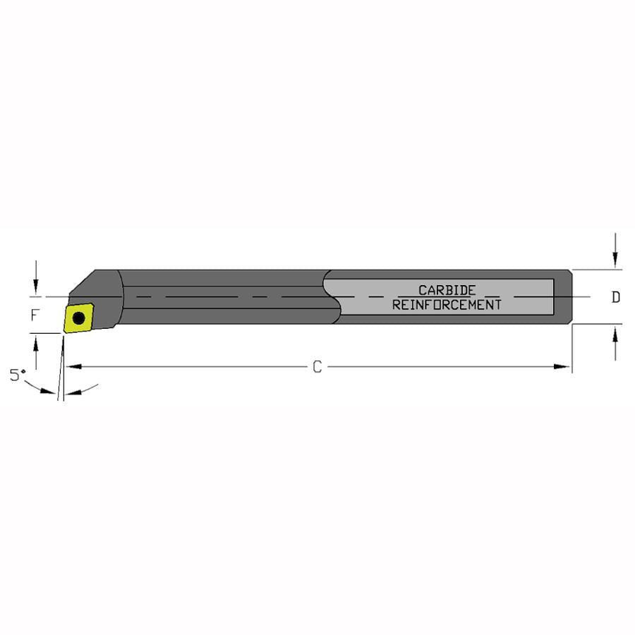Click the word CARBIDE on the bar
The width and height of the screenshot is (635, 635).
[447, 290]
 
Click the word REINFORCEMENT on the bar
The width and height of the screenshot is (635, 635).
[447, 305]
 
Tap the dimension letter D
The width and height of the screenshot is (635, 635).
[615, 297]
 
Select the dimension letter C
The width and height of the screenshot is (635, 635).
[317, 367]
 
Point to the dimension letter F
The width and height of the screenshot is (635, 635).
[35, 315]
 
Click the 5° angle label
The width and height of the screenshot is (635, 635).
[18, 375]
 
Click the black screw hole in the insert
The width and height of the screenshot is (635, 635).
[78, 318]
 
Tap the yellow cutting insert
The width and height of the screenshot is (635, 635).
[78, 318]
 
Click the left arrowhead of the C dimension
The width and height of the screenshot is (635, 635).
[73, 366]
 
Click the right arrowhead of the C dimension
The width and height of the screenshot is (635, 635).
[562, 366]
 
